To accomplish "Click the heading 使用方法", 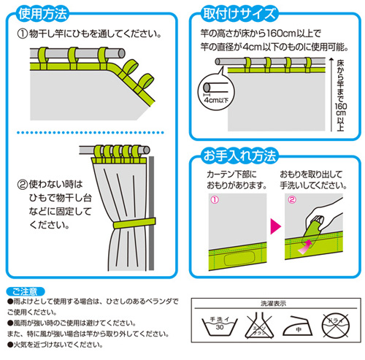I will [x=48, y=13].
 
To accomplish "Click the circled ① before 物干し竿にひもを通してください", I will [x=23, y=34].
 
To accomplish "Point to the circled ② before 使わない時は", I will [x=23, y=187].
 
